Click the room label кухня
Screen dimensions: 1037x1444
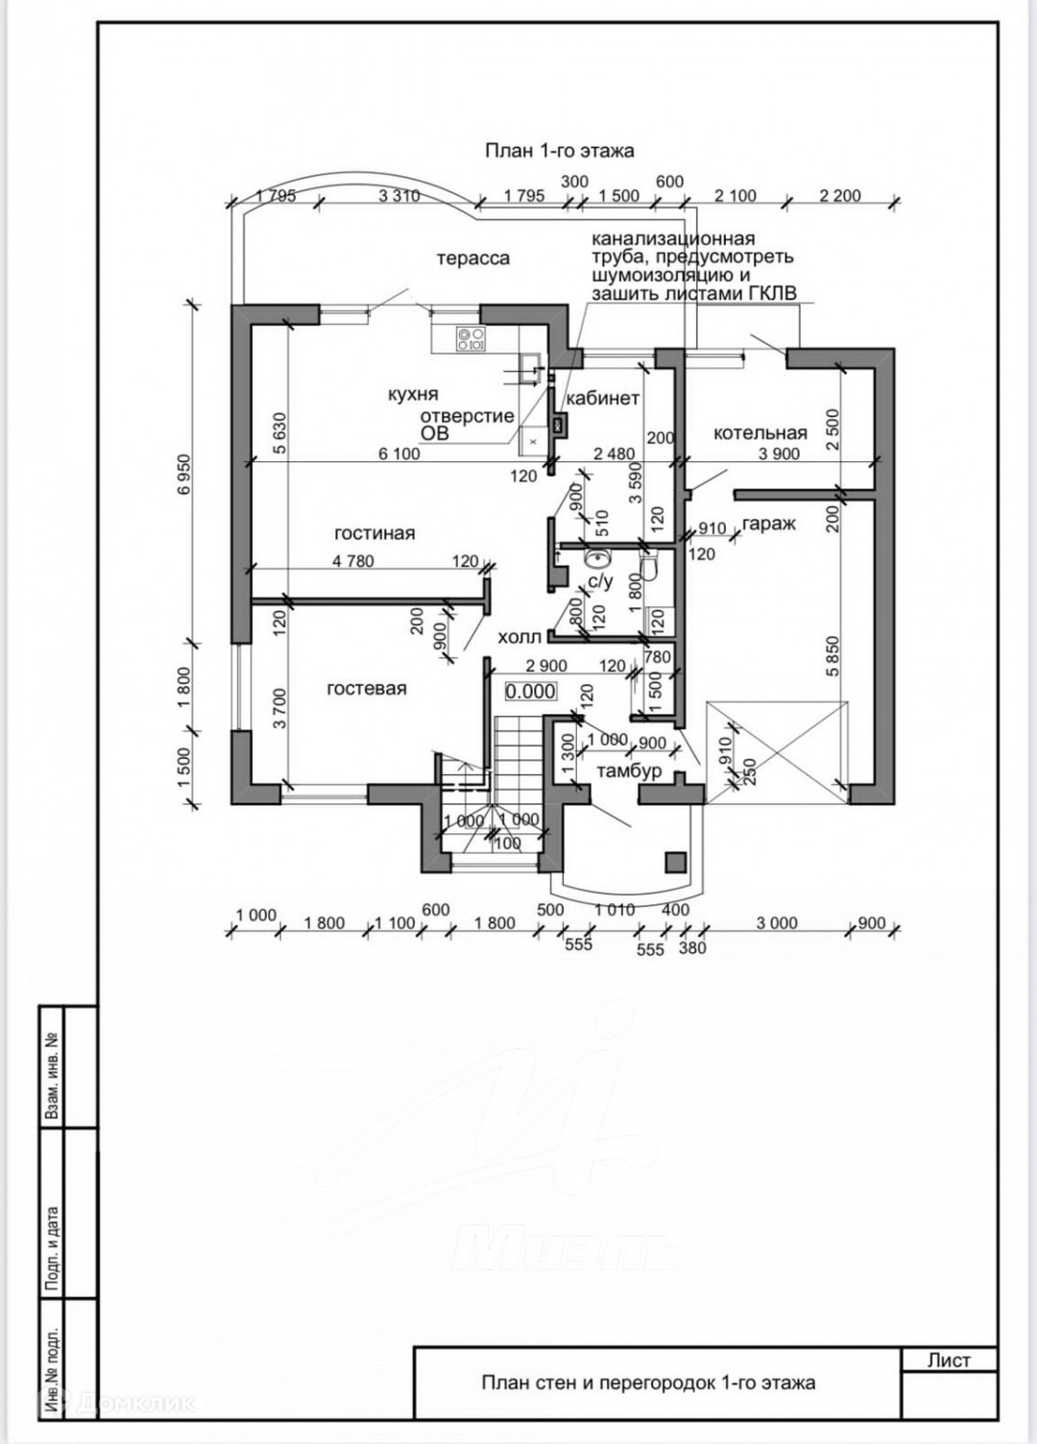click(x=413, y=394)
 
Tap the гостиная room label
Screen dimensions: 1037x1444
click(x=374, y=533)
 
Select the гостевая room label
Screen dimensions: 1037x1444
click(x=366, y=689)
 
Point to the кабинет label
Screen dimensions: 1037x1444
click(x=602, y=399)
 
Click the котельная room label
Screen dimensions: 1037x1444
click(x=760, y=433)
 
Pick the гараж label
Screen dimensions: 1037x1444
click(x=769, y=525)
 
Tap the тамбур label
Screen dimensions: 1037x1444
click(x=629, y=771)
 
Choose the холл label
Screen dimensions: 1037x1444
click(x=519, y=637)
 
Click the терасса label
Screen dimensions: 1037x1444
click(x=472, y=258)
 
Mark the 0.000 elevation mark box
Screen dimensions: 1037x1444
click(x=531, y=692)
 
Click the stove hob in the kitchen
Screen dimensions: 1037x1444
click(x=470, y=336)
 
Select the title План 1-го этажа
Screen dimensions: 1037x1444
click(x=559, y=151)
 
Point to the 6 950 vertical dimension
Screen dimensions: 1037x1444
click(x=185, y=474)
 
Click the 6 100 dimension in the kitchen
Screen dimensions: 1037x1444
click(x=398, y=453)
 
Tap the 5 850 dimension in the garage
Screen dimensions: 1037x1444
click(x=832, y=655)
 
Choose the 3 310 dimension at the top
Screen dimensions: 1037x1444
click(x=399, y=196)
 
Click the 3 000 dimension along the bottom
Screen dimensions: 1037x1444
click(x=777, y=923)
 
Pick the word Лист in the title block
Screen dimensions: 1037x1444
click(x=949, y=1360)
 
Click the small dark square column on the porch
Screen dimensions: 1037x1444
click(x=676, y=861)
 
